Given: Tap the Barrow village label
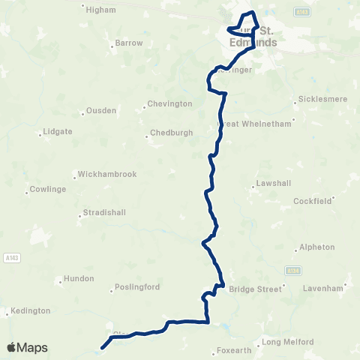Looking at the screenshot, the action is coord(129,43).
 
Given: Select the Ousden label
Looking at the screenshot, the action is coord(102,110).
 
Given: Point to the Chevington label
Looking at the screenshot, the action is coord(169,103).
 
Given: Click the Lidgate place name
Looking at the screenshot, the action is coord(58,131).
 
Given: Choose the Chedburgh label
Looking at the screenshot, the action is coord(171,132).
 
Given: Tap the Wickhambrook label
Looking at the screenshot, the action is coord(106,174).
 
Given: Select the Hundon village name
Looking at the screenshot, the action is coord(79,278).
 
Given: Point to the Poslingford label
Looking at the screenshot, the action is coord(137,287).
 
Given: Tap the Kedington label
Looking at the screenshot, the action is coord(31,310).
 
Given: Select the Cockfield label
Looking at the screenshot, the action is coord(312,201).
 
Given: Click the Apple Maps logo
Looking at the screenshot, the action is coord(27,347).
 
